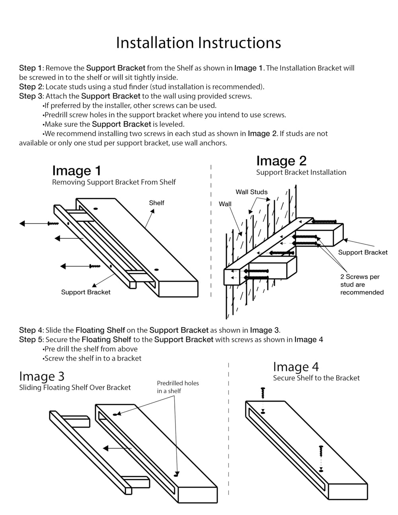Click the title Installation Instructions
click(198, 43)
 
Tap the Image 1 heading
click(76, 171)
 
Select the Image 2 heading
click(281, 161)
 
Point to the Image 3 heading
click(41, 376)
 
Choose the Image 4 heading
click(296, 367)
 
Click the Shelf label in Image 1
click(156, 203)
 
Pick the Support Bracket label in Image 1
click(86, 292)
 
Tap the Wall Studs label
click(252, 192)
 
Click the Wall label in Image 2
click(225, 204)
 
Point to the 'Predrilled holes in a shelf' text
click(178, 387)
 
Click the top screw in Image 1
click(53, 224)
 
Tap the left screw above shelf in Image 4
click(262, 393)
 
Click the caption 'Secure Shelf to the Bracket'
click(316, 378)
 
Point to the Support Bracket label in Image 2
click(363, 252)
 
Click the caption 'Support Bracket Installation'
click(301, 172)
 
